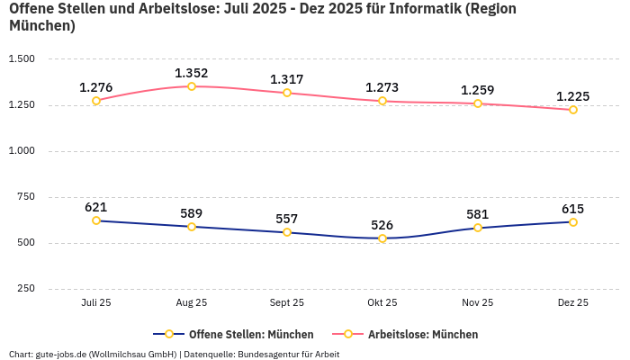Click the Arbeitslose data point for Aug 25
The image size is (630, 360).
(x=192, y=86)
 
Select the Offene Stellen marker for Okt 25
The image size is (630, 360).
(x=382, y=238)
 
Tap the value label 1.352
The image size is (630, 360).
(x=192, y=73)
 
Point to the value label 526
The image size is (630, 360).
(x=382, y=225)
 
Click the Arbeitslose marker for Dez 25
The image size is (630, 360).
(x=573, y=110)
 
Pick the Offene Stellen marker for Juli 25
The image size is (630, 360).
(x=96, y=220)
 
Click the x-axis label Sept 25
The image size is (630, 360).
(x=287, y=303)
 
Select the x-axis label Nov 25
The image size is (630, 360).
(x=478, y=303)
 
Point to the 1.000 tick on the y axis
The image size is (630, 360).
(x=21, y=151)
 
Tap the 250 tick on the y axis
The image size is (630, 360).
(x=26, y=289)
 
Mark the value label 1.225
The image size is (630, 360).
(x=573, y=96)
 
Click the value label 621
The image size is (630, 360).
(x=96, y=207)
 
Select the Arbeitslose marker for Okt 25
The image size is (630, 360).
(x=382, y=101)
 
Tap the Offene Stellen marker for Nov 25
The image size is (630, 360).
(x=478, y=228)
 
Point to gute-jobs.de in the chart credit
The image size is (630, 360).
(x=60, y=354)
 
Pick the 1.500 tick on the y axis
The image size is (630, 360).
(x=21, y=59)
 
